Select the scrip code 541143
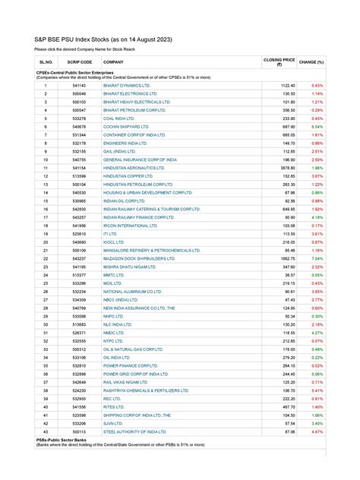80,86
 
